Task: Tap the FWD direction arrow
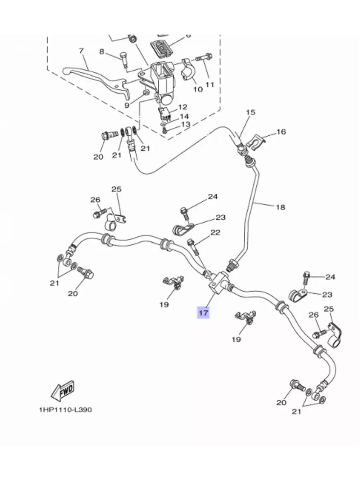pyautogui.click(x=63, y=391)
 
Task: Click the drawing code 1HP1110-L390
pyautogui.click(x=65, y=410)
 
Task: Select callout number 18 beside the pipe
pyautogui.click(x=280, y=207)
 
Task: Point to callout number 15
pyautogui.click(x=251, y=112)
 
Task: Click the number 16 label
pyautogui.click(x=281, y=132)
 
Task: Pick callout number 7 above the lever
pyautogui.click(x=81, y=51)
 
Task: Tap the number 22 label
pyautogui.click(x=215, y=233)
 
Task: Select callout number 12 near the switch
pyautogui.click(x=183, y=107)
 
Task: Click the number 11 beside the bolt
pyautogui.click(x=210, y=85)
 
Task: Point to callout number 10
pyautogui.click(x=198, y=89)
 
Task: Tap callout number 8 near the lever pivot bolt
pyautogui.click(x=102, y=52)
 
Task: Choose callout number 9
pyautogui.click(x=127, y=105)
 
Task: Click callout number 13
pyautogui.click(x=185, y=124)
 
